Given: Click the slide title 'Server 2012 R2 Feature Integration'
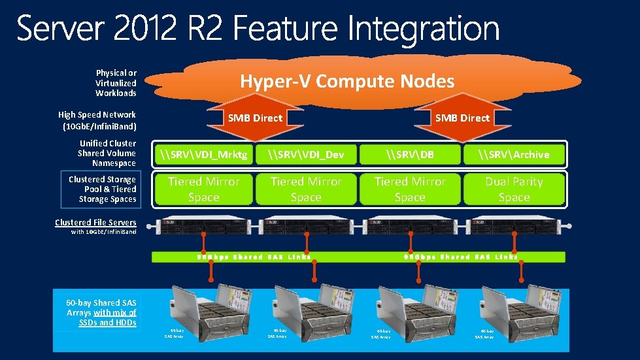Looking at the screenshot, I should [258, 29].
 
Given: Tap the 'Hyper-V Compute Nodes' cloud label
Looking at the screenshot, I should [346, 82].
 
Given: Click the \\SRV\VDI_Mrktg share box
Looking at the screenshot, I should [204, 155].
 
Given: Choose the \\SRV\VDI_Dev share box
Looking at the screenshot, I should [306, 155].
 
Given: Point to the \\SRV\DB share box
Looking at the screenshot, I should [410, 155].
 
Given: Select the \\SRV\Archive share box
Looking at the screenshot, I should [514, 155].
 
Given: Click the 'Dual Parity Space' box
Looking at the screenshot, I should [514, 189].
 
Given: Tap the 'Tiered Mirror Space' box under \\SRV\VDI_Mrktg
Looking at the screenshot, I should [204, 189].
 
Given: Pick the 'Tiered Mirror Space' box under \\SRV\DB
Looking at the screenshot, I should [410, 189].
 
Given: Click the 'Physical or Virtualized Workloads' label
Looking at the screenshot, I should [116, 83].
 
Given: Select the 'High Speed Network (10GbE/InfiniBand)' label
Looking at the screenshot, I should [97, 120].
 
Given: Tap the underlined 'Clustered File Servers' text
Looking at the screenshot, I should [95, 223].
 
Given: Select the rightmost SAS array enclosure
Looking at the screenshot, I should [515, 307].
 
